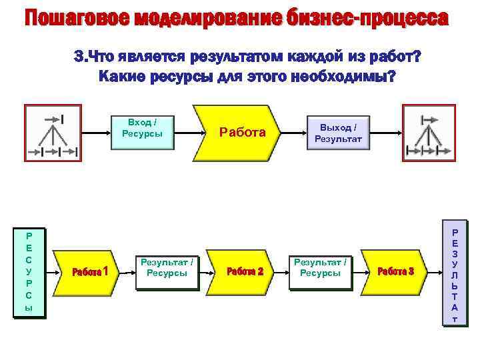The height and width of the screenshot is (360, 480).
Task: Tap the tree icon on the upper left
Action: tap(53, 131)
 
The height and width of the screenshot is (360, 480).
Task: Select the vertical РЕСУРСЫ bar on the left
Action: tap(29, 272)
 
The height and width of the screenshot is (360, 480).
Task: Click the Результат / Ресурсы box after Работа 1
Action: tap(167, 268)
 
